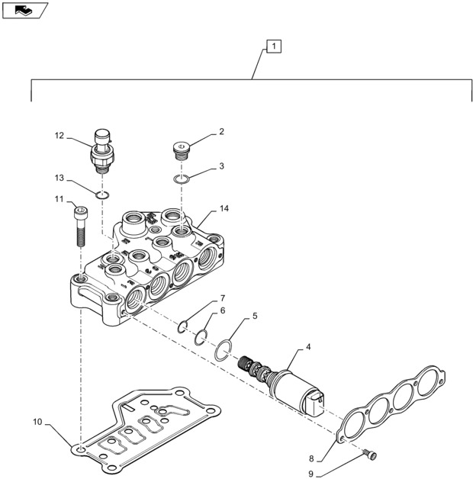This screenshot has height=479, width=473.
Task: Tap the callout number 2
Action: pos(221,131)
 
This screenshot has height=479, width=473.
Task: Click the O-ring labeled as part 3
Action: pos(181,179)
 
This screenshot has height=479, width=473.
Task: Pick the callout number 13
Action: pos(59,178)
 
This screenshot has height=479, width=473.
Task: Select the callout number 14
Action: pos(224,208)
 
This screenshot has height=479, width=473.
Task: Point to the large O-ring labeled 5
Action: pos(224,349)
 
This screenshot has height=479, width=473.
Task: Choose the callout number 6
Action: pos(222,310)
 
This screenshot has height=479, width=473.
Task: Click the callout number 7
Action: pos(222,297)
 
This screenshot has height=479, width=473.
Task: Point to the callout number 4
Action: pos(307,347)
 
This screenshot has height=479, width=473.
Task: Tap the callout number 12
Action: pos(59,136)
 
